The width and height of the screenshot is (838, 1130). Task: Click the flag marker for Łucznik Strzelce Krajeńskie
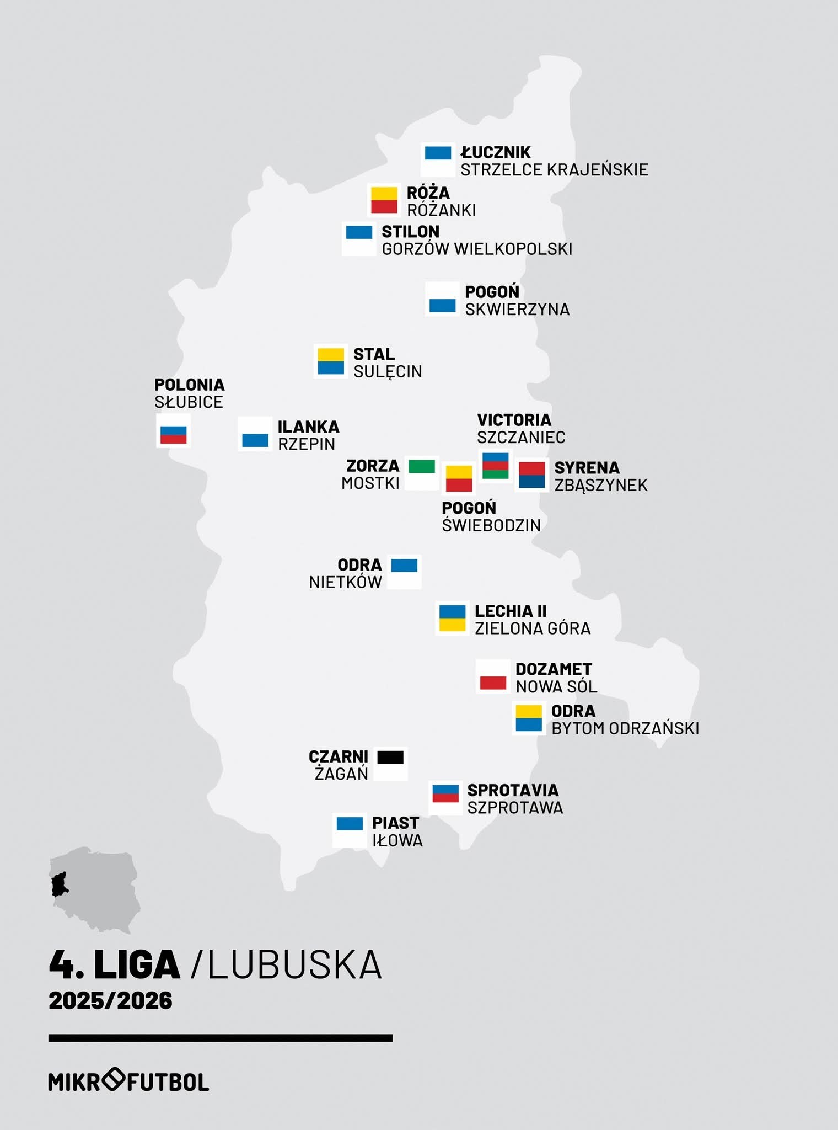tap(438, 159)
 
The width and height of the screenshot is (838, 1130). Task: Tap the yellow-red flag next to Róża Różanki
tap(384, 200)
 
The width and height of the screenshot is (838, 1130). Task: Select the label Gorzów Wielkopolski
tap(477, 249)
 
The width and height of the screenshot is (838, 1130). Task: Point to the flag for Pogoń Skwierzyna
tap(442, 299)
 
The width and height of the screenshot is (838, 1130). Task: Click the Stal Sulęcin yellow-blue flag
tap(331, 361)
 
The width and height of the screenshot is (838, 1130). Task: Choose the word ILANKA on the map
tap(308, 427)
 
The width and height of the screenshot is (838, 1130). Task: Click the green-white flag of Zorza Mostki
tap(422, 473)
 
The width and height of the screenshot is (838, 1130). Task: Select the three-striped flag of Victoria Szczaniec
tap(495, 466)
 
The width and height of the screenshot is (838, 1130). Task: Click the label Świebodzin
tap(491, 525)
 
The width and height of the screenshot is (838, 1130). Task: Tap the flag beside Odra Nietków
tap(404, 572)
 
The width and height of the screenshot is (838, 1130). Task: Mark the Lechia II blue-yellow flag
tap(452, 618)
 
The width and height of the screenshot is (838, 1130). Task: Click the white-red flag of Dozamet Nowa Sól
tap(493, 676)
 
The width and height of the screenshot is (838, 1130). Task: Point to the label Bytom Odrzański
tap(625, 729)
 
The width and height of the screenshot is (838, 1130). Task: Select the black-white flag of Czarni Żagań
tap(390, 764)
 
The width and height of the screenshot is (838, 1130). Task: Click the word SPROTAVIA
tap(513, 791)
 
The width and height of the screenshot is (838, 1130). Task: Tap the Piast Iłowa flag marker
tap(350, 830)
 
